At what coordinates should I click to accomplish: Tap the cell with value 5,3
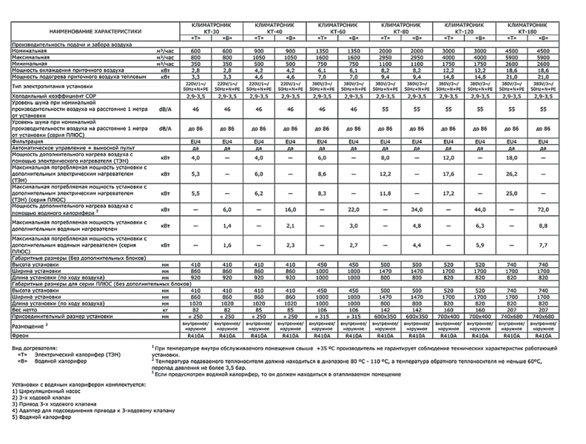196,174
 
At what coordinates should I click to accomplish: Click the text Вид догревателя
35,347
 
